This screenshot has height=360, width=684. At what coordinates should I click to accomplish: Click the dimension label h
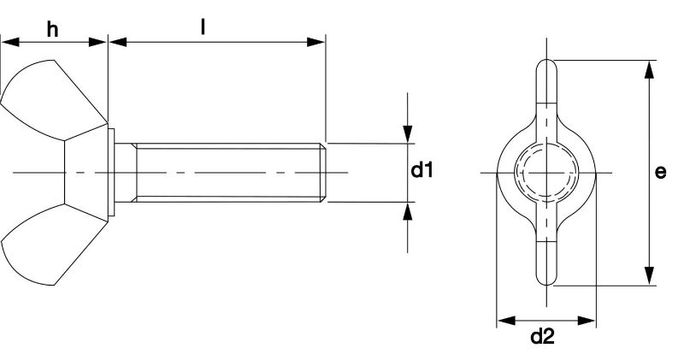click(53, 30)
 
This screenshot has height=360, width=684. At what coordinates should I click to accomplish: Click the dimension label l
click(203, 27)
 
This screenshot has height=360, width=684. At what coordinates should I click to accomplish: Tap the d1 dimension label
click(422, 170)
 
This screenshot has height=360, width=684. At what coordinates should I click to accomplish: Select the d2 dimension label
click(543, 337)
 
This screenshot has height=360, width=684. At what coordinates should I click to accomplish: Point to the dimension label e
click(660, 172)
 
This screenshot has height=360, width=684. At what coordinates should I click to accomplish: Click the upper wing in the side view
click(52, 99)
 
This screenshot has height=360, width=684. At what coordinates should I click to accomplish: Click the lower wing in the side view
click(52, 245)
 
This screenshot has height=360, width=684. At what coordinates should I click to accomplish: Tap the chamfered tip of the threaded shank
click(322, 173)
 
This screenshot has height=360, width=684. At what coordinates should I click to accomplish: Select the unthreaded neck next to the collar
click(126, 173)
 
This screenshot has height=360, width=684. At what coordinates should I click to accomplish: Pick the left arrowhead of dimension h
click(10, 42)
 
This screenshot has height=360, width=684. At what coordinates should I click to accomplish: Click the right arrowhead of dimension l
click(315, 42)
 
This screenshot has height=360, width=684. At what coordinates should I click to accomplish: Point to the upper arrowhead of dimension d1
click(408, 133)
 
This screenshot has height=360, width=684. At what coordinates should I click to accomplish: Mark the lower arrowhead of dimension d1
click(408, 211)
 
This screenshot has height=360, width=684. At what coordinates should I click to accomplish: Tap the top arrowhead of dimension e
click(650, 69)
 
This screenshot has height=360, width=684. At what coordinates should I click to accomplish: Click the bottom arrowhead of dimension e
click(650, 276)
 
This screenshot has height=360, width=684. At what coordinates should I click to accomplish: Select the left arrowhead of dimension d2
click(506, 321)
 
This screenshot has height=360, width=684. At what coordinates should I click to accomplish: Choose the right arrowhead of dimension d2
click(587, 321)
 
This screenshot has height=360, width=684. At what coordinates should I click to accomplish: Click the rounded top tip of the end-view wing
click(546, 60)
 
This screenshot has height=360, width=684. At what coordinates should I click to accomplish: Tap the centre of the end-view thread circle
click(546, 173)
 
